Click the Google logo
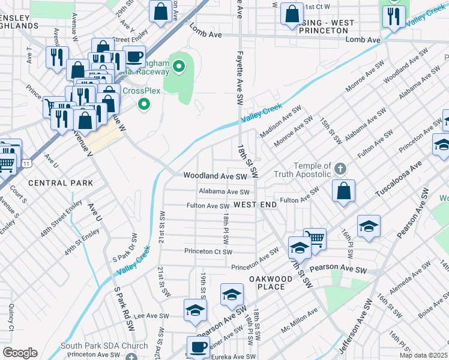(x=20, y=352)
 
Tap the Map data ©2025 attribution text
(x=423, y=355)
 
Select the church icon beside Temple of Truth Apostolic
(x=340, y=167)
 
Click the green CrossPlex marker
(x=143, y=105)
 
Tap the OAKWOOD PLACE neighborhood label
(x=267, y=282)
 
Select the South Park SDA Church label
(x=104, y=346)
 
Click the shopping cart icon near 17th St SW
(x=315, y=238)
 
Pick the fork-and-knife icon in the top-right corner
(x=394, y=16)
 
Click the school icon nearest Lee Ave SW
(x=195, y=310)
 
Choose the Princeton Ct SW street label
(x=207, y=251)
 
